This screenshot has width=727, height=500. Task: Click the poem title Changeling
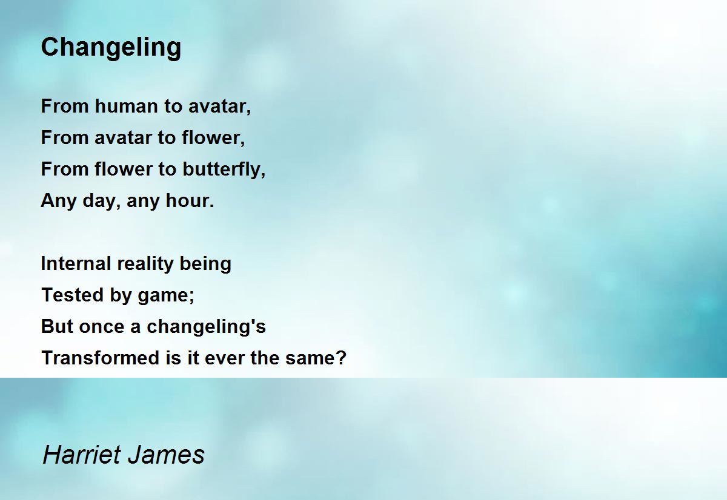point(111,48)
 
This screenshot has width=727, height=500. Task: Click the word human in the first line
point(126,106)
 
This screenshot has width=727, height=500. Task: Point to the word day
point(98,201)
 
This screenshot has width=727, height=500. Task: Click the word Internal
point(76,263)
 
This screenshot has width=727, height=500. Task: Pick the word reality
point(145,264)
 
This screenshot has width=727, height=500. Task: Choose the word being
point(205,264)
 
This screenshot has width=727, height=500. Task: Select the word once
point(102,326)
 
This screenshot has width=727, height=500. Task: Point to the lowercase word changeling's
point(206,327)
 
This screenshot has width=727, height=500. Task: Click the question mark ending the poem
point(341,358)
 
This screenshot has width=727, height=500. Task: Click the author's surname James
point(166,455)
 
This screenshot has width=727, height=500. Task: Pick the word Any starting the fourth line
point(58,201)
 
